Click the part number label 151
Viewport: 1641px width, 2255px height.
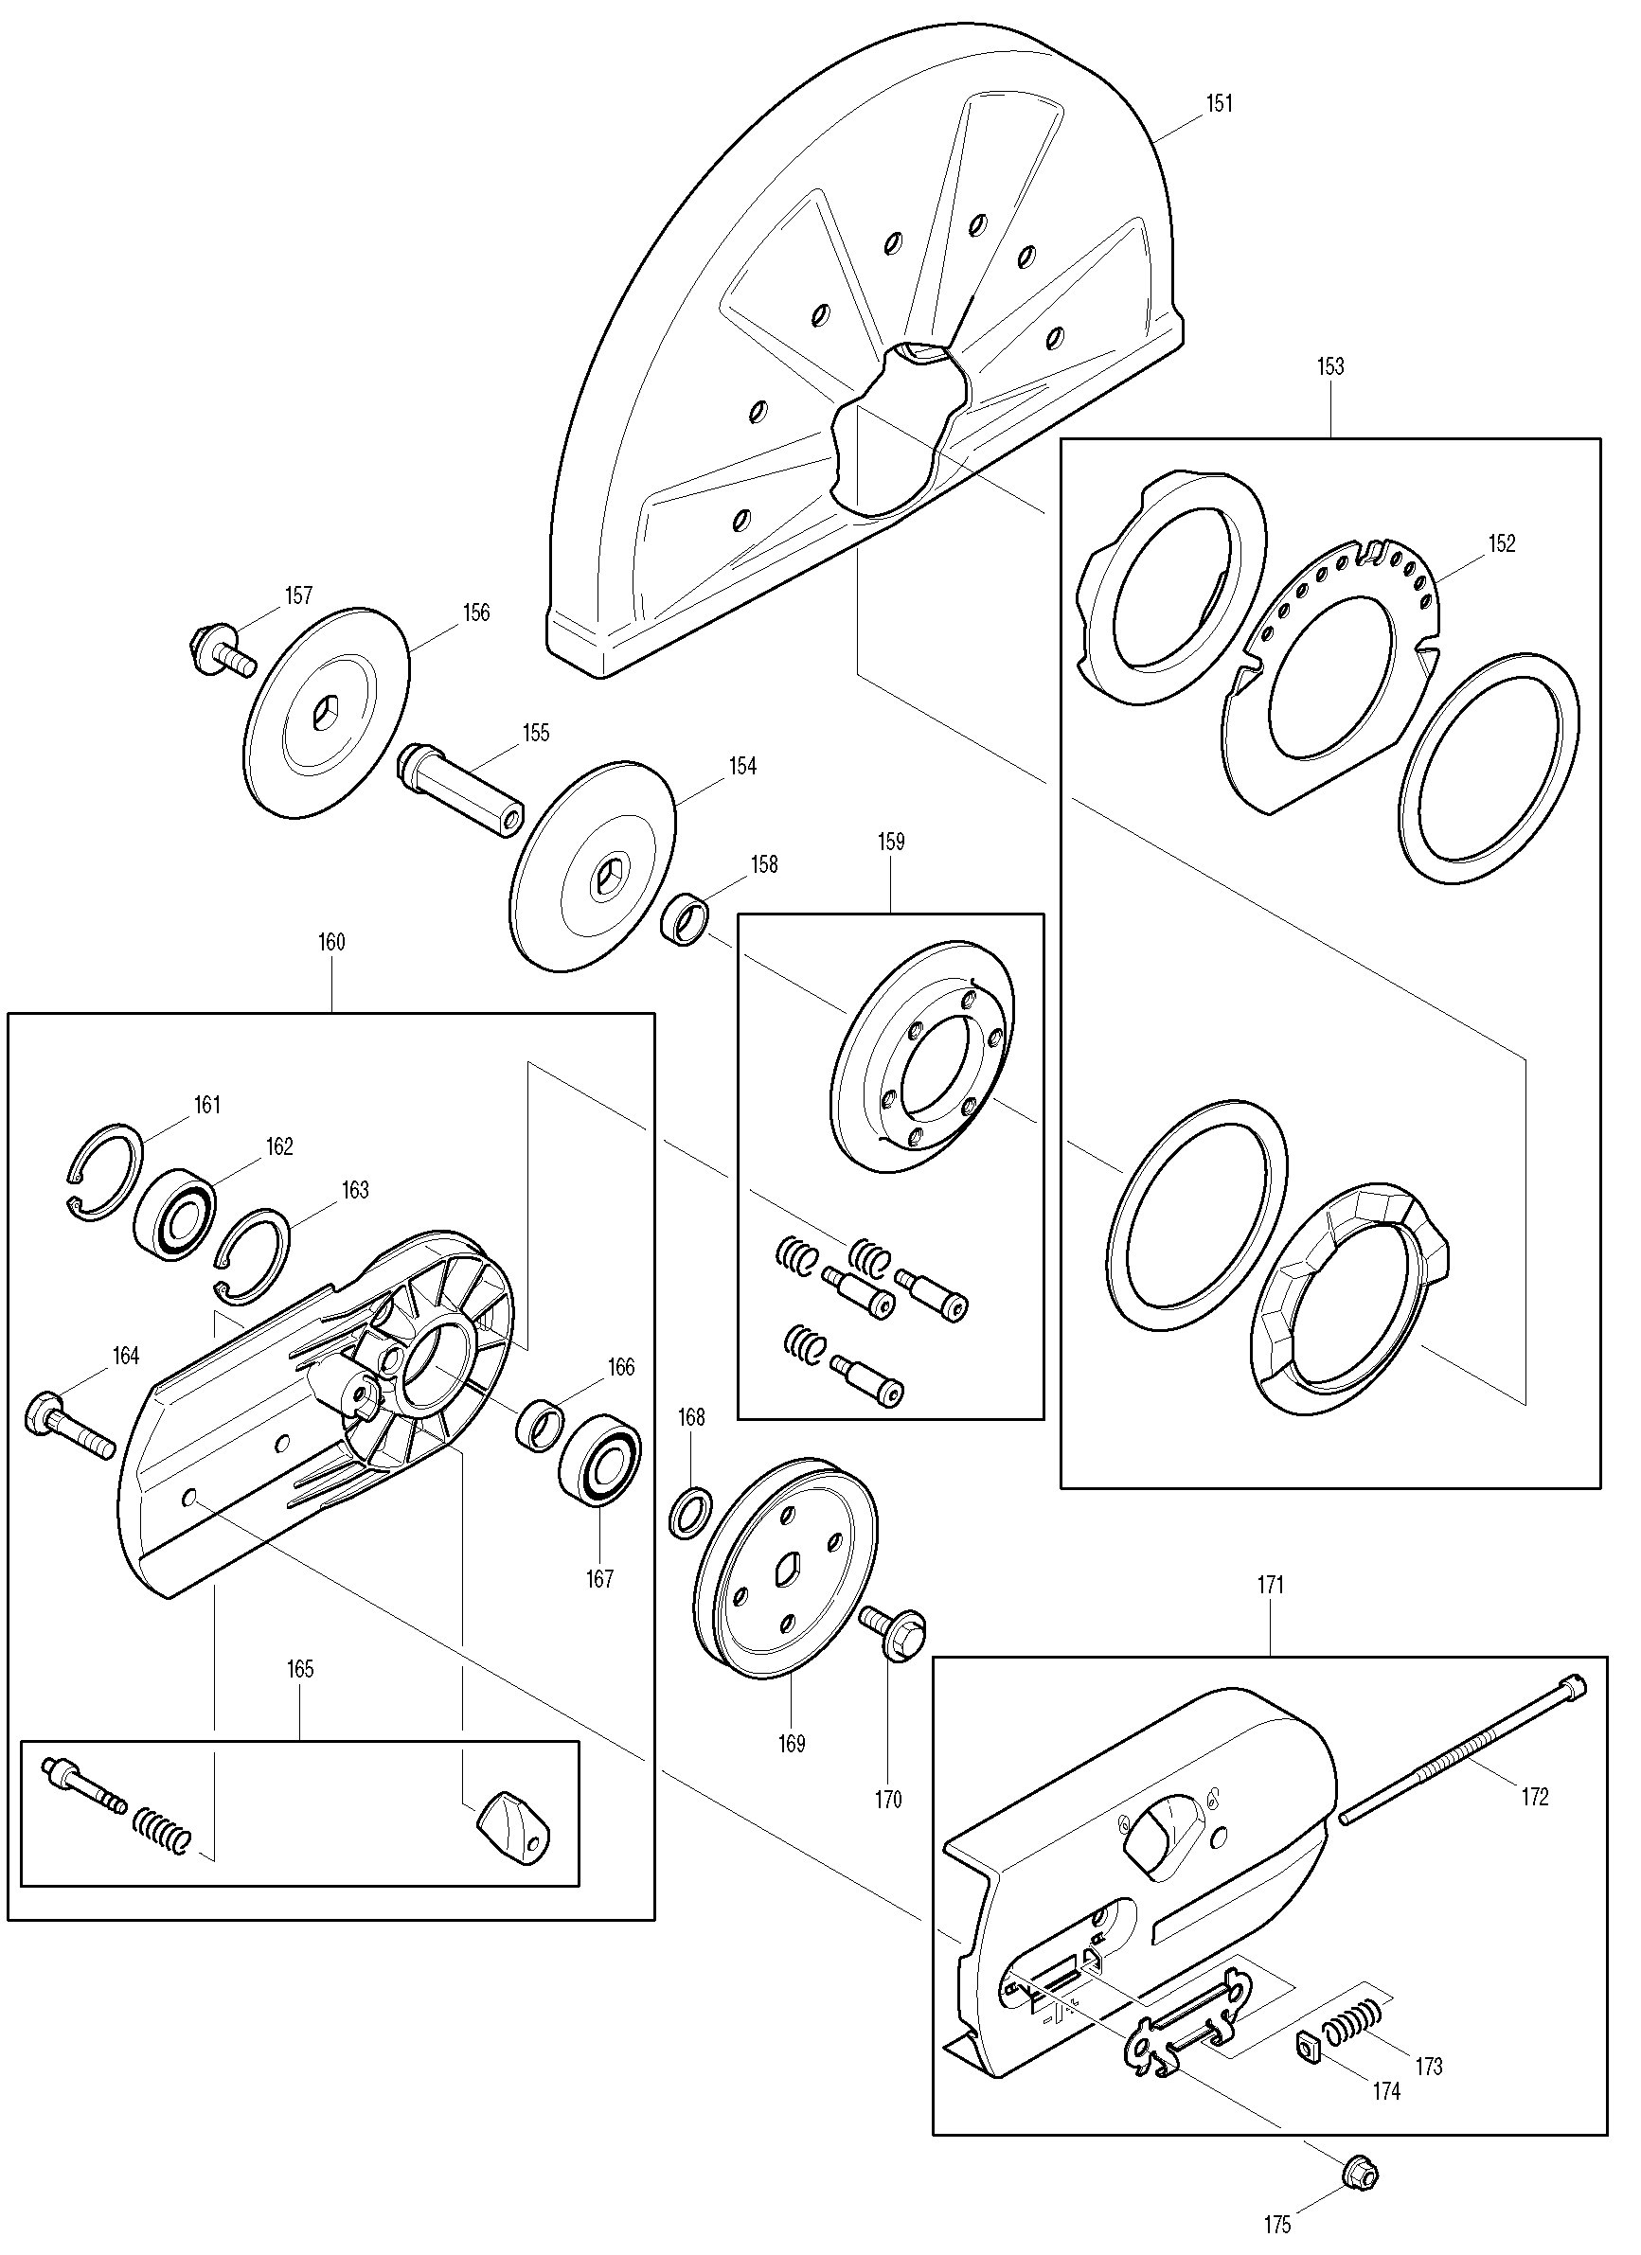tap(1220, 103)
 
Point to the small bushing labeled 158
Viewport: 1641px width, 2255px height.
tap(685, 919)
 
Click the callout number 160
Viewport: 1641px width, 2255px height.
tap(331, 943)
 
